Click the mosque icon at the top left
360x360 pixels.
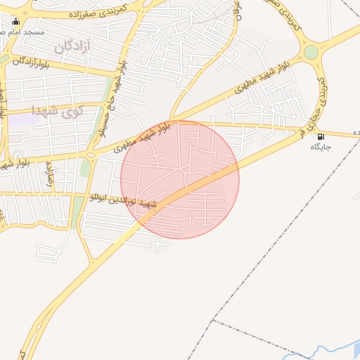[x=16, y=21]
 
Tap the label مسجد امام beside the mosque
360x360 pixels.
[x=29, y=32]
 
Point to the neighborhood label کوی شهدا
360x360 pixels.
[x=58, y=109]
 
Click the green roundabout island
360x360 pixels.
[x=311, y=52]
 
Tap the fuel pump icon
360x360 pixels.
[x=321, y=136]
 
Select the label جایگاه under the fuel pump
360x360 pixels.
[x=321, y=148]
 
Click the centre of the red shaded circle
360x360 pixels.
[x=180, y=179]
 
